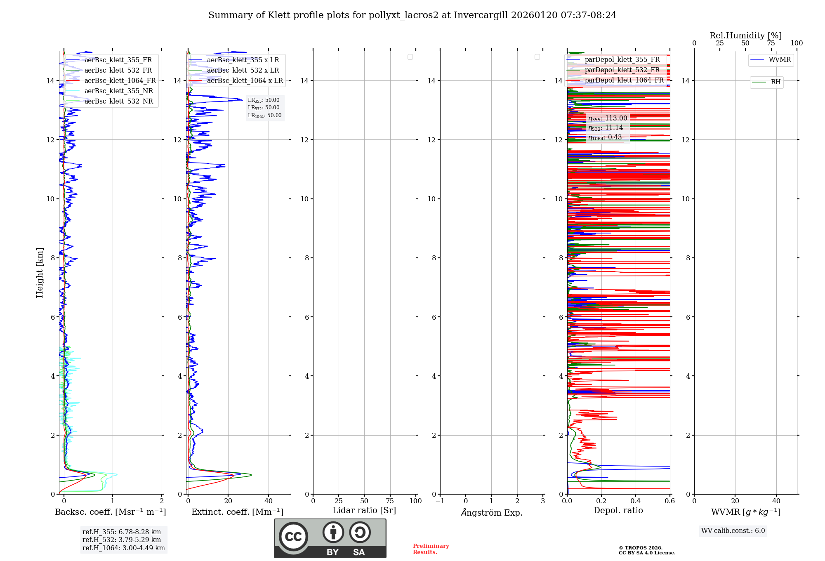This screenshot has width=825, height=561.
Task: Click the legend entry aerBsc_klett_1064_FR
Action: coord(120,81)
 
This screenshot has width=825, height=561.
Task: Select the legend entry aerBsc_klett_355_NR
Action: coord(118,91)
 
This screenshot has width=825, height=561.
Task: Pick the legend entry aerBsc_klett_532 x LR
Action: coord(243,71)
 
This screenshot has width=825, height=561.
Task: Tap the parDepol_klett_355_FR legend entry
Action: coord(622,60)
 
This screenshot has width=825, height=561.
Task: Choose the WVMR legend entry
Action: coord(779,60)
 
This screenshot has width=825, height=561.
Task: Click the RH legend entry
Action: coord(775,82)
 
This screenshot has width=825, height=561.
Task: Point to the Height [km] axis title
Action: coord(40,272)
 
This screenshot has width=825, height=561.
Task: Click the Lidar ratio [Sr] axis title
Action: coord(364,511)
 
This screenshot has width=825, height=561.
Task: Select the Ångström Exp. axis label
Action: coord(491,513)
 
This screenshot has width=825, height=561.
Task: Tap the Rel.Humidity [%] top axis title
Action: coord(745,35)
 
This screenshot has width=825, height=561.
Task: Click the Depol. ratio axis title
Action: coord(618,511)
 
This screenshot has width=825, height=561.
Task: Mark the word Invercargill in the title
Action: coord(481,15)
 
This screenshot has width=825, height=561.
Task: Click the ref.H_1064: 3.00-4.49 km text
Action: coord(123,548)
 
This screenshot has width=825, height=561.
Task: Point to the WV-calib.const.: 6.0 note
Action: coord(733,531)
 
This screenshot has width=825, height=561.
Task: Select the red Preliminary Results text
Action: coord(431,549)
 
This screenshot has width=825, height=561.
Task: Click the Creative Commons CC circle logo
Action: coord(293,537)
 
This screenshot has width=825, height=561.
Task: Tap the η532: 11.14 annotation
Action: coord(606,128)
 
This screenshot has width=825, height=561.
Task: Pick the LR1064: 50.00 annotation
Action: coord(264,115)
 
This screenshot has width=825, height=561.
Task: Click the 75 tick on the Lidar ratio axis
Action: coord(390,501)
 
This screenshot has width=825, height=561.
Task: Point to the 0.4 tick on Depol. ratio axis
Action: coord(635,501)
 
